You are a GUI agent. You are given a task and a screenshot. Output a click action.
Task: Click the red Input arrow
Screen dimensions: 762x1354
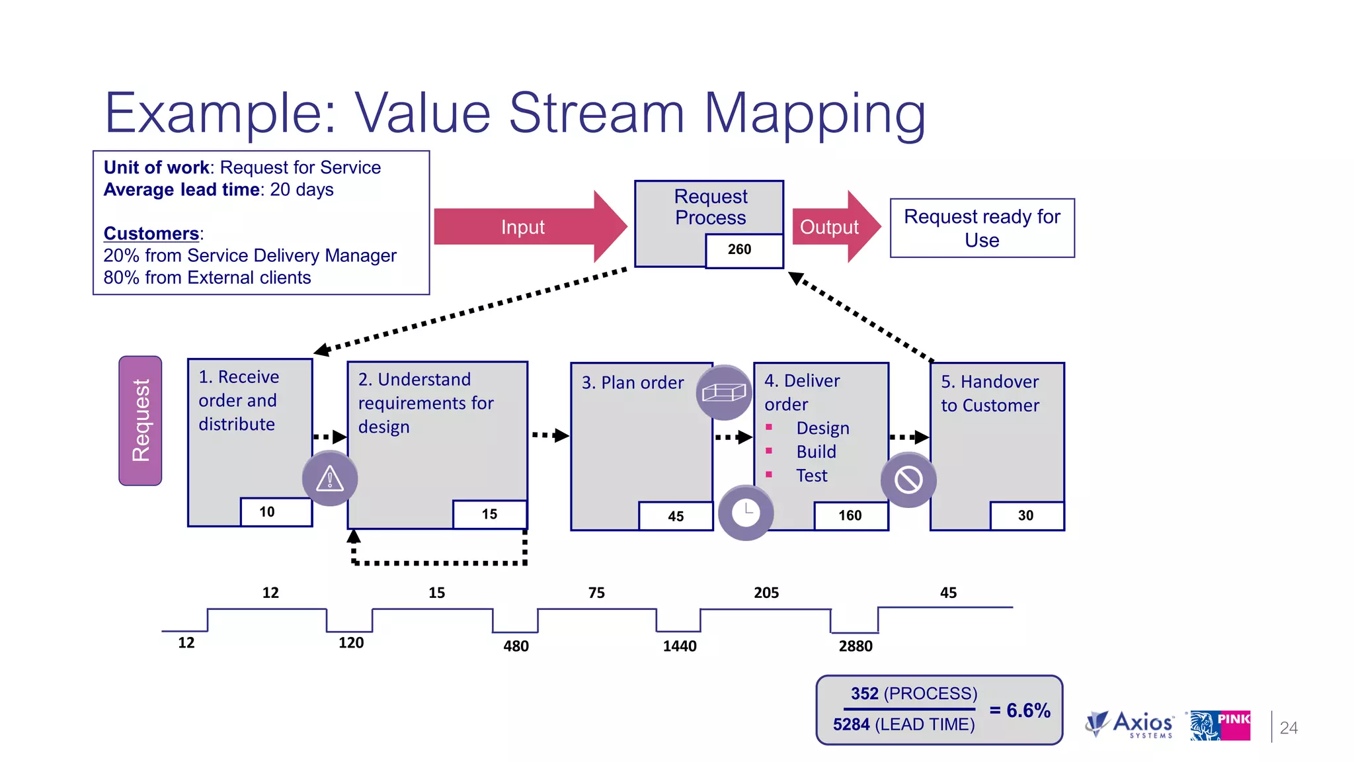click(x=522, y=227)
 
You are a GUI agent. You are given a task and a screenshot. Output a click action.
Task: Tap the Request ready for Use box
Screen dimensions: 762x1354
click(x=982, y=228)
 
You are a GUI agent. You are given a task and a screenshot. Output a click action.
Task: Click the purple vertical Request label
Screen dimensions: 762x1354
click(x=140, y=421)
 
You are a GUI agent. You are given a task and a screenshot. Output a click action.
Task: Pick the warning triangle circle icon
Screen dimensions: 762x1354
click(x=329, y=478)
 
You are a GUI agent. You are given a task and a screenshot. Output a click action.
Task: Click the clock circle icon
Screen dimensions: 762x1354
click(x=746, y=513)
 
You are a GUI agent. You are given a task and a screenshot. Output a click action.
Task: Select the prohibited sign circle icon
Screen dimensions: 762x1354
click(x=908, y=480)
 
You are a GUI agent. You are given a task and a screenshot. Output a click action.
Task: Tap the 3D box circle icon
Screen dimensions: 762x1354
click(x=724, y=393)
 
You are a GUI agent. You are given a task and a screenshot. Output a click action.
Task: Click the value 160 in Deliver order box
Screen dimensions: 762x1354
click(x=850, y=516)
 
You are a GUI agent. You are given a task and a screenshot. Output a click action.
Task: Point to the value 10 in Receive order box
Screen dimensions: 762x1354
click(x=267, y=512)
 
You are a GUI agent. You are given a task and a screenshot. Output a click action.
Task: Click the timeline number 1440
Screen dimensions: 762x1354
click(x=680, y=646)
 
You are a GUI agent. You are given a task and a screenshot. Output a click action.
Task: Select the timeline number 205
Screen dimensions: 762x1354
click(x=766, y=593)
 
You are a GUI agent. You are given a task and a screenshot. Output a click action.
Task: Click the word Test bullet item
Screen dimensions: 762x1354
click(x=811, y=476)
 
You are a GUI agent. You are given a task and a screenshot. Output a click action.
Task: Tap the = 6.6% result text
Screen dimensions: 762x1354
click(x=1019, y=710)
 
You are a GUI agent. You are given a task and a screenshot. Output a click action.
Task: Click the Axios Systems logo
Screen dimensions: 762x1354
click(x=1131, y=724)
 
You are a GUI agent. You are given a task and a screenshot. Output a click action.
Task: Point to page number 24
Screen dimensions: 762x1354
click(x=1289, y=728)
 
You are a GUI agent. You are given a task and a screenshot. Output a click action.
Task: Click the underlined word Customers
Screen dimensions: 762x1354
click(x=151, y=233)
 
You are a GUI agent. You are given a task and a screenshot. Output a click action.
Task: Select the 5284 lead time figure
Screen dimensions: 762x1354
click(x=851, y=725)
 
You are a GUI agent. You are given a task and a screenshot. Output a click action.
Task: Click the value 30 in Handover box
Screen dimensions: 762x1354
click(x=1025, y=516)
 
